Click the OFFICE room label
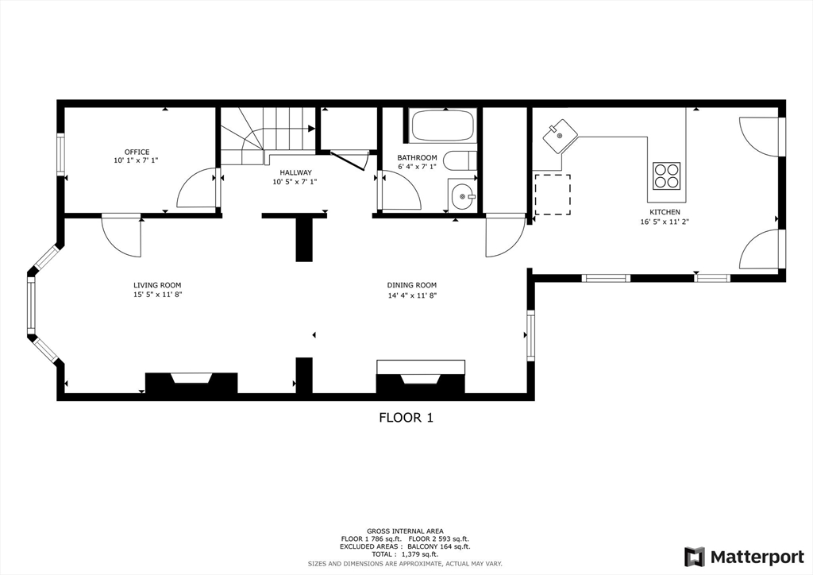(x=137, y=152)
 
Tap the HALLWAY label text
(x=295, y=172)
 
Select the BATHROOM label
(x=417, y=157)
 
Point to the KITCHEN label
(x=665, y=212)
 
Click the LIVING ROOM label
(x=157, y=285)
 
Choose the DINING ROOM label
(x=412, y=285)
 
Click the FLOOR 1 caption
(x=406, y=418)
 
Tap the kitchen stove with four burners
(x=666, y=176)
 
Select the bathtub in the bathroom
(x=443, y=126)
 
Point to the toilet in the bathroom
(x=460, y=160)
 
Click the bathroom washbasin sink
(x=461, y=196)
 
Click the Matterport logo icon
(x=694, y=557)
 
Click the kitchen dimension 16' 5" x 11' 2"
(x=665, y=222)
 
